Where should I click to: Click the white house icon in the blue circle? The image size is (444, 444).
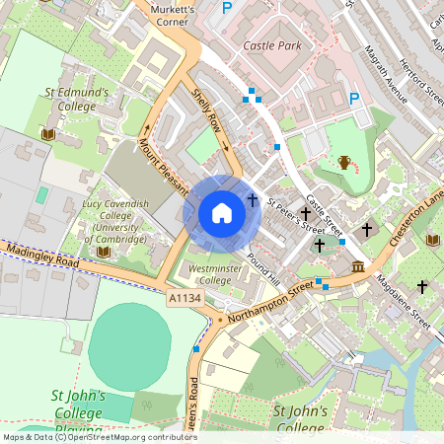222,212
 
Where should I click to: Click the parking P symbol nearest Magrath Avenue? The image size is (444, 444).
354,98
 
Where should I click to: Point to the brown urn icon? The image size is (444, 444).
343,162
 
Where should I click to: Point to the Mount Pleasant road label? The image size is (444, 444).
161,164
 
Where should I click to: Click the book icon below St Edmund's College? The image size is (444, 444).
46,133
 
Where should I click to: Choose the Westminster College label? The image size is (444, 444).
215,273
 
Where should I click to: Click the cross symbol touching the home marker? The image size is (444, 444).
253,200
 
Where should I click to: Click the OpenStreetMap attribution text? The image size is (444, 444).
99,436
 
